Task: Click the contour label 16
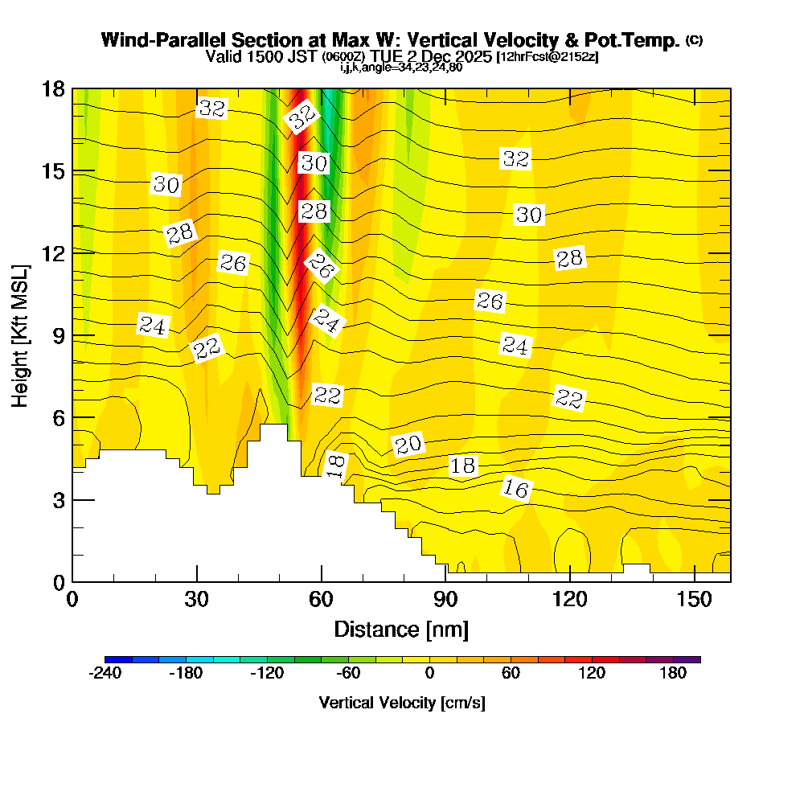point(517,488)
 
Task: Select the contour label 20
point(408,445)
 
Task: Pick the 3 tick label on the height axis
point(58,500)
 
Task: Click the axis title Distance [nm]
point(401,629)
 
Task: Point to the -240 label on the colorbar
point(105,674)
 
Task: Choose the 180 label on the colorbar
point(674,674)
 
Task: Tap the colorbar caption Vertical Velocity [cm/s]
point(401,703)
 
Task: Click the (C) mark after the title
point(695,40)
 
